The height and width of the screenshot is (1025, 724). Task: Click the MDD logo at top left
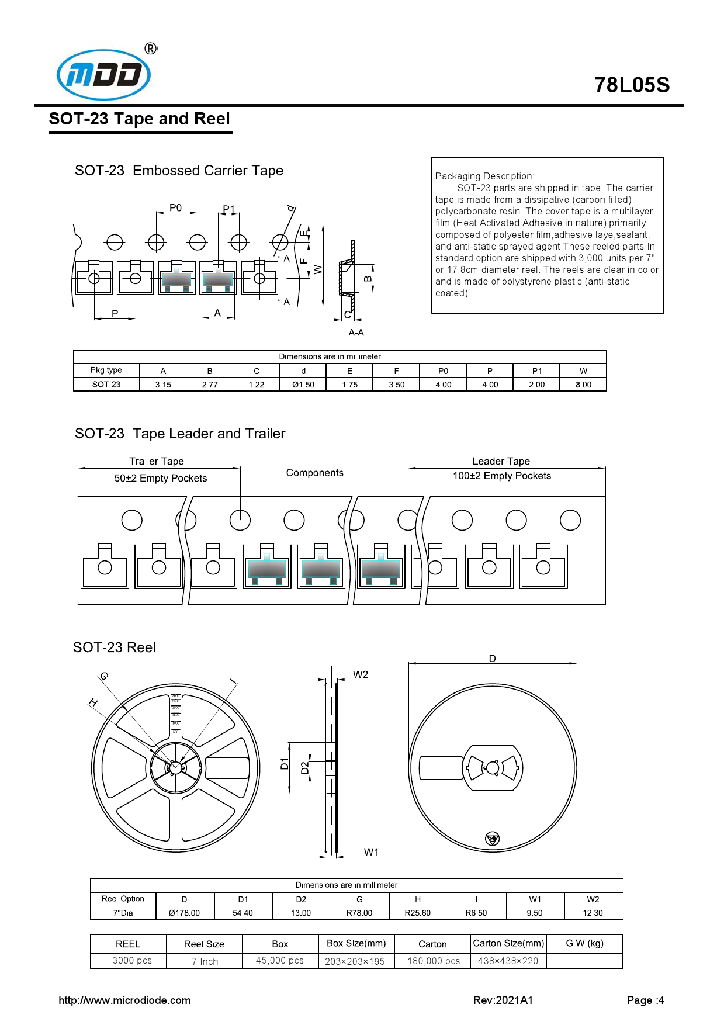pyautogui.click(x=104, y=74)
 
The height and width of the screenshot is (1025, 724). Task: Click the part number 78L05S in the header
pyautogui.click(x=632, y=85)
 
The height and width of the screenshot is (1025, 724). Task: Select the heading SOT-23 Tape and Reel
pyautogui.click(x=139, y=119)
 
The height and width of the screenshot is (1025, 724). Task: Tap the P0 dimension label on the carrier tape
pyautogui.click(x=175, y=207)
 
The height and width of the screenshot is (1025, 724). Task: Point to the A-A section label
pyautogui.click(x=356, y=333)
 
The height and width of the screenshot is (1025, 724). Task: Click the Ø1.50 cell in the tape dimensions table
pyautogui.click(x=303, y=385)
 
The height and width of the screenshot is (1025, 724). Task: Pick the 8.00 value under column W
pyautogui.click(x=583, y=385)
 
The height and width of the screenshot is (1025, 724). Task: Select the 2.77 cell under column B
pyautogui.click(x=209, y=385)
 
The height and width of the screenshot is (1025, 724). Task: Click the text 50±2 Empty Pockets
pyautogui.click(x=160, y=478)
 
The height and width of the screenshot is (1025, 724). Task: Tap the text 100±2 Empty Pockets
pyautogui.click(x=501, y=476)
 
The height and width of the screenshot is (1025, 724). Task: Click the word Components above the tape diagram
pyautogui.click(x=314, y=473)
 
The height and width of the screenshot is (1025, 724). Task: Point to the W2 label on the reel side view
pyautogui.click(x=361, y=674)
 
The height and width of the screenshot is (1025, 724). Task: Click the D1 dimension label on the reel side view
pyautogui.click(x=285, y=763)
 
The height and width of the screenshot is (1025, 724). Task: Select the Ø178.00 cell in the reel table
pyautogui.click(x=184, y=913)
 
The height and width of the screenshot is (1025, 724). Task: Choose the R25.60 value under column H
pyautogui.click(x=417, y=913)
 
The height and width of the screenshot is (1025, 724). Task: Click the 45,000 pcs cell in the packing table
pyautogui.click(x=279, y=960)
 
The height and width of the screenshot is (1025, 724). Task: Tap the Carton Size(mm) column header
pyautogui.click(x=508, y=943)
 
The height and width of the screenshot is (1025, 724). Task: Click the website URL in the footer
pyautogui.click(x=124, y=1000)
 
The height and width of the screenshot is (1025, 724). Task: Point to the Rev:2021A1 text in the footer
pyautogui.click(x=503, y=1000)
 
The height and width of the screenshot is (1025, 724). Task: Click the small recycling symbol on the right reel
pyautogui.click(x=492, y=839)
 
